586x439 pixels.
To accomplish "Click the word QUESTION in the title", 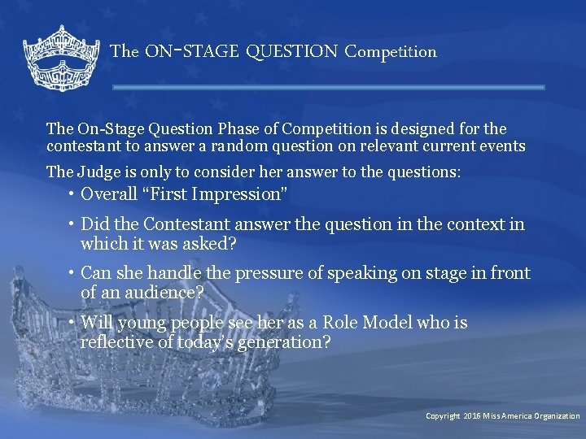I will [291, 52].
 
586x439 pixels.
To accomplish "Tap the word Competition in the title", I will [391, 52].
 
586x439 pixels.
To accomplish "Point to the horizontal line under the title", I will [328, 87].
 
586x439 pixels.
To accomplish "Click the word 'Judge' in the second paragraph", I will [98, 172].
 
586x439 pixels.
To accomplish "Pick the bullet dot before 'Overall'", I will [72, 193].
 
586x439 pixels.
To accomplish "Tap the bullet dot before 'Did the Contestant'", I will [72, 224].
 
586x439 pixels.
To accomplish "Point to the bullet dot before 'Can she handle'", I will [72, 273].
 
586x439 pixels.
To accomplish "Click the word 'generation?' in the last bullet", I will [282, 341].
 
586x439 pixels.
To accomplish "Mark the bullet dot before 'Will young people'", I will [72, 322].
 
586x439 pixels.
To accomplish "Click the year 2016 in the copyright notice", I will [472, 416].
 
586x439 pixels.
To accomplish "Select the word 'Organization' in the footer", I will [557, 416].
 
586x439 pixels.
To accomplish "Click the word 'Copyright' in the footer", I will [443, 416].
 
